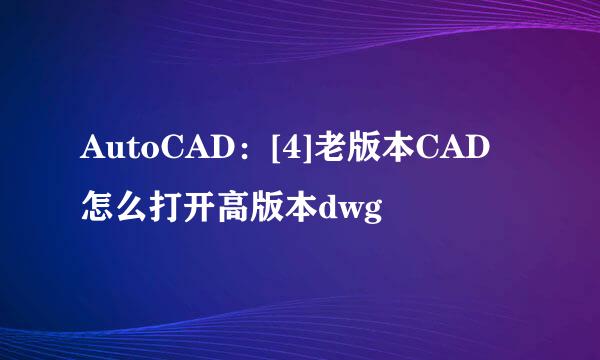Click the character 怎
(96, 208)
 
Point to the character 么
(130, 208)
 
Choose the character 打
(164, 208)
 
